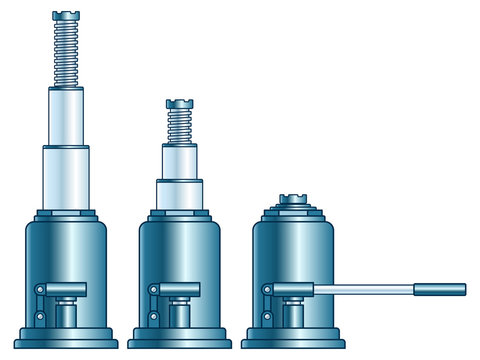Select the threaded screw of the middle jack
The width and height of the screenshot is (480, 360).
[x=179, y=126]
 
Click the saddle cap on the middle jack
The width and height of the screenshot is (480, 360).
[x=179, y=104]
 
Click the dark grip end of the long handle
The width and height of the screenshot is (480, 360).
[x=441, y=290]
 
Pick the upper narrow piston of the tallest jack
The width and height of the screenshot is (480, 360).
[x=65, y=116]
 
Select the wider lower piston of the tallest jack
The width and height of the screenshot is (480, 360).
[x=65, y=178]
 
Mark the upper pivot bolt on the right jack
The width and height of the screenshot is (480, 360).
[x=267, y=290]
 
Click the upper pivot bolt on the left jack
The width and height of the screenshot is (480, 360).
[x=39, y=290]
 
